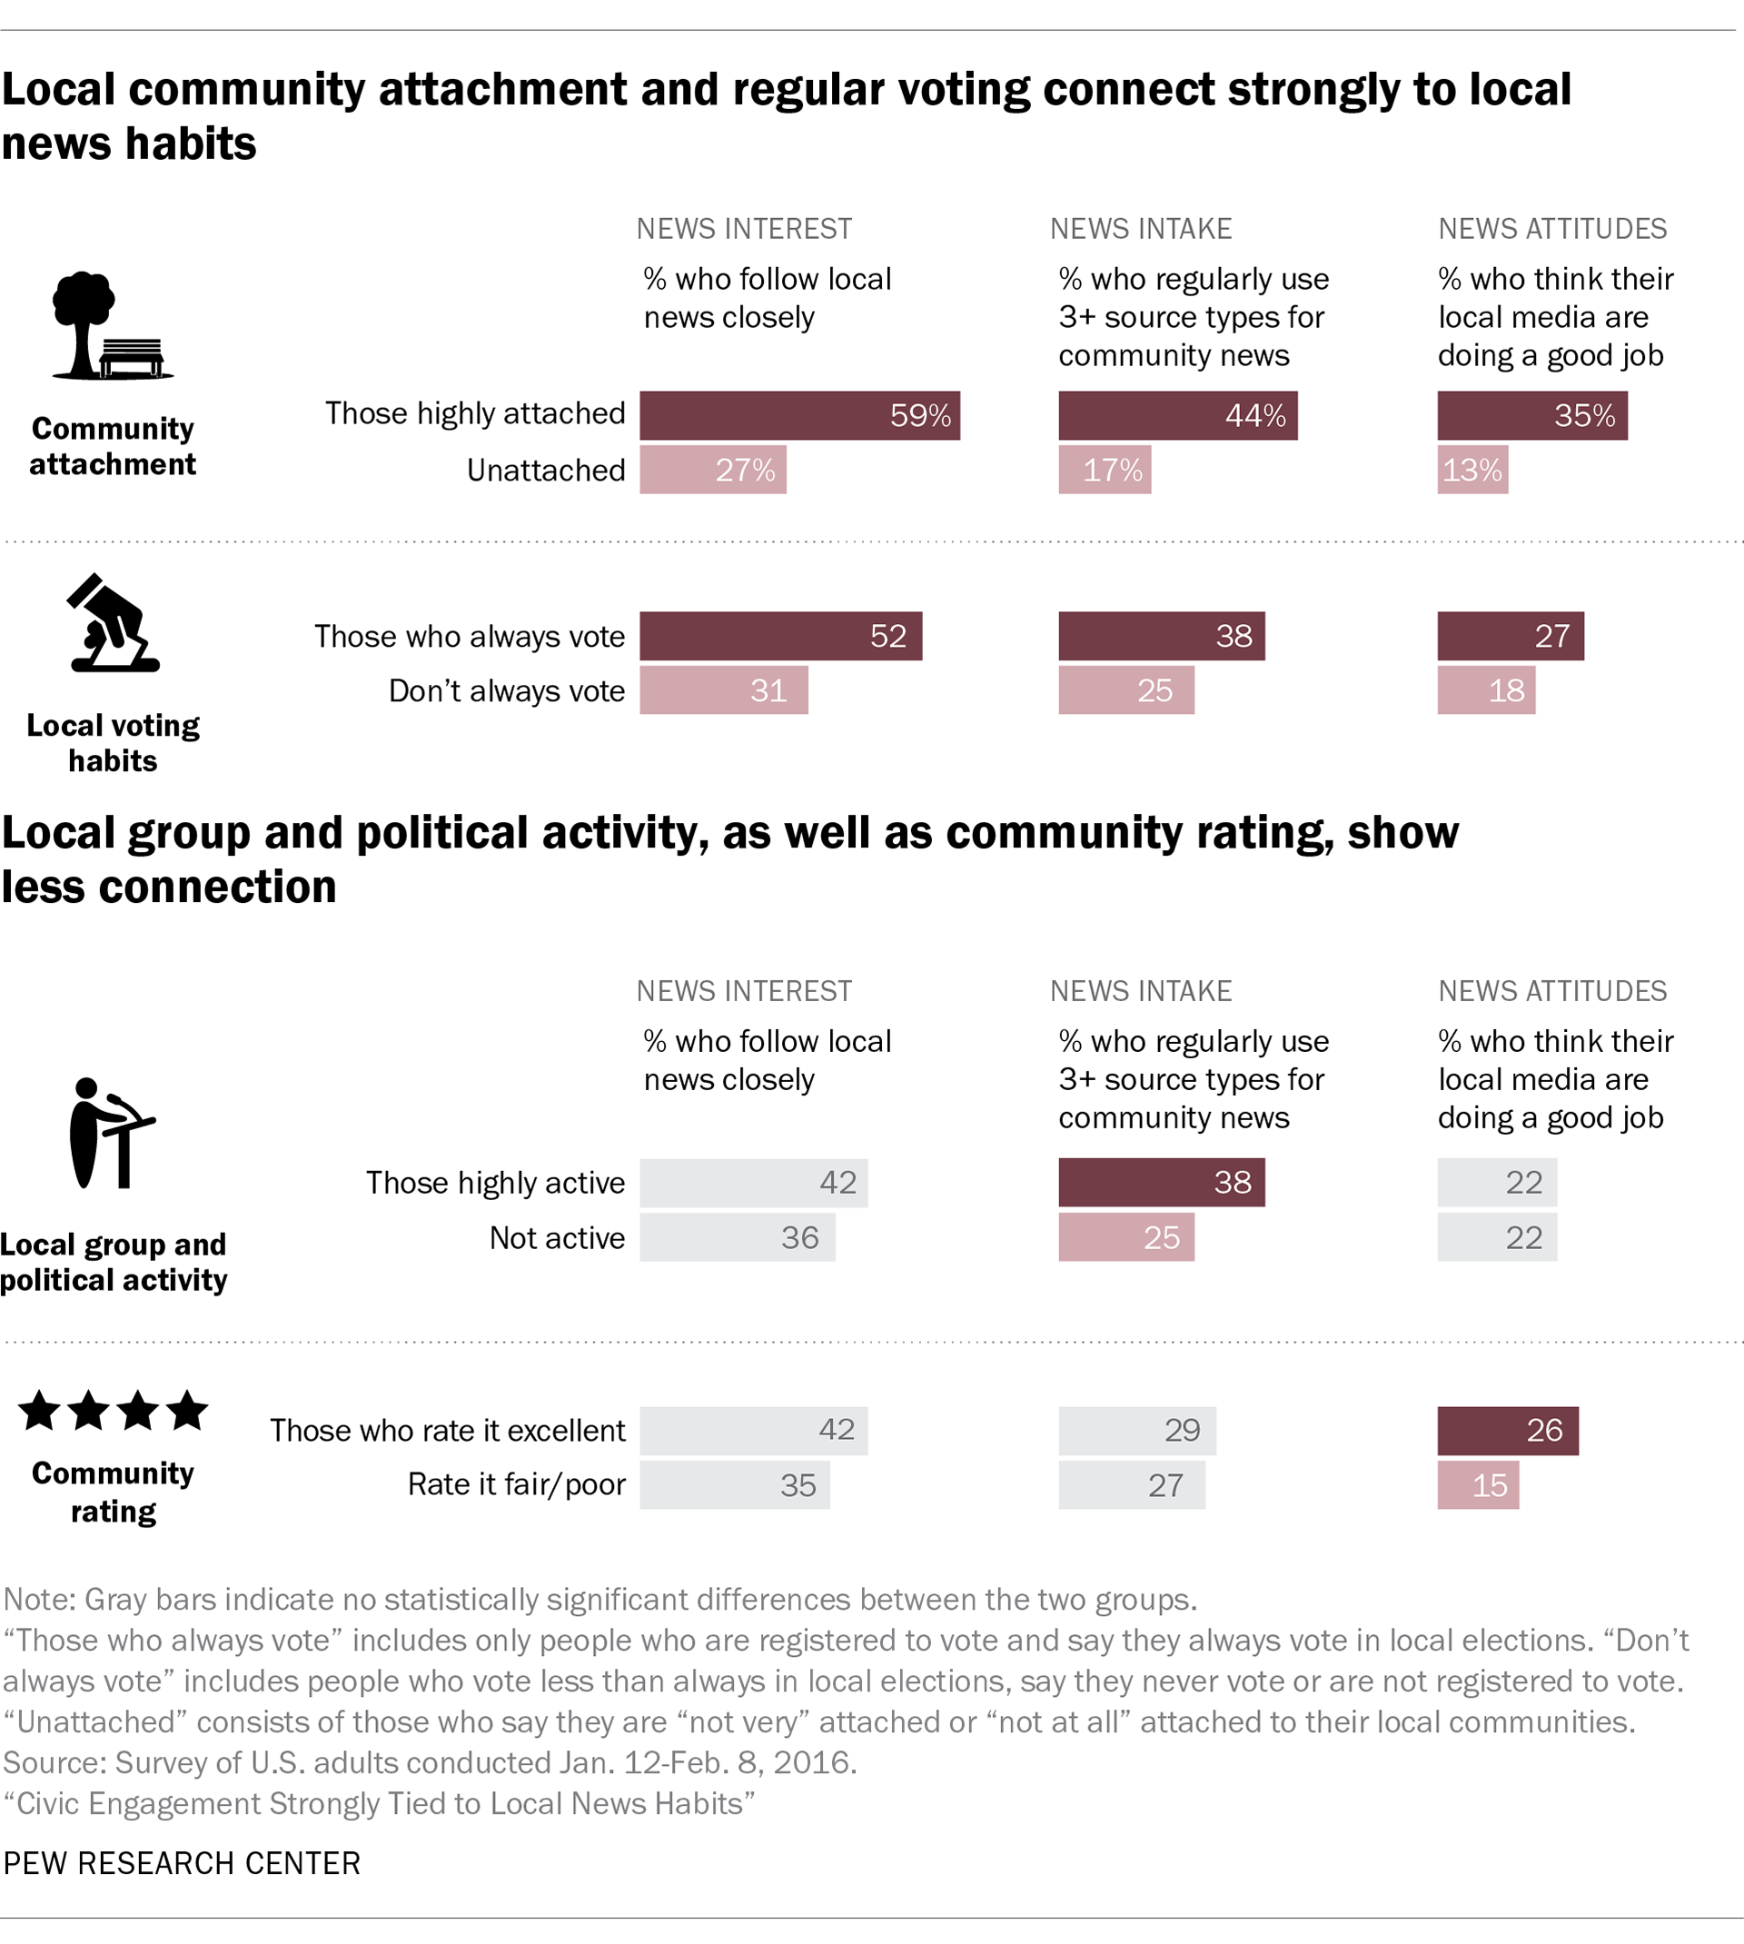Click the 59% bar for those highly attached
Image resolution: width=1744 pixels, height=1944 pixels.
(x=799, y=415)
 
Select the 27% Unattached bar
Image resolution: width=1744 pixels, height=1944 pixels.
(x=713, y=470)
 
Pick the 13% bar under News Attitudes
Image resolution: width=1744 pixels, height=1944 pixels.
(x=1471, y=470)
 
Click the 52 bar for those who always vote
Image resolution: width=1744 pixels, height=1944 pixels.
(x=780, y=635)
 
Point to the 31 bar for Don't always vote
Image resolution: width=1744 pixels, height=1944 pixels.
(x=723, y=689)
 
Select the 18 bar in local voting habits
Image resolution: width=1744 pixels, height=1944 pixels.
(x=1485, y=689)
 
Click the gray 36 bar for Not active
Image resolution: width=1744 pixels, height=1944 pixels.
(x=737, y=1237)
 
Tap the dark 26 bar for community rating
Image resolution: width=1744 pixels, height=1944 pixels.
(x=1506, y=1430)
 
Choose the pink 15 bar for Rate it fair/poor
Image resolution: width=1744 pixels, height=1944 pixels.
(x=1477, y=1484)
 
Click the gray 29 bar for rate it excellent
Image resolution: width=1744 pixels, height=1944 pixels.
(x=1136, y=1430)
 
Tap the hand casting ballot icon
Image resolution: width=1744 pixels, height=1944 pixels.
(x=113, y=624)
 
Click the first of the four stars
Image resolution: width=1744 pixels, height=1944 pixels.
(x=39, y=1411)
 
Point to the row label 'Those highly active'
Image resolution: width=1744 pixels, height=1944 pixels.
(x=494, y=1183)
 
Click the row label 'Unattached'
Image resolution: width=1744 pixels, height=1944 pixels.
(x=545, y=470)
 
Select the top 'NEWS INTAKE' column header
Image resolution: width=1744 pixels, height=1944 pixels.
(x=1140, y=228)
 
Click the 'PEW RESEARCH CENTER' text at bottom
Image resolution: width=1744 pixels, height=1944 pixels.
(x=182, y=1861)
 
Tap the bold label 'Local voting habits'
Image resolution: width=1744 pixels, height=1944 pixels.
(x=113, y=742)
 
